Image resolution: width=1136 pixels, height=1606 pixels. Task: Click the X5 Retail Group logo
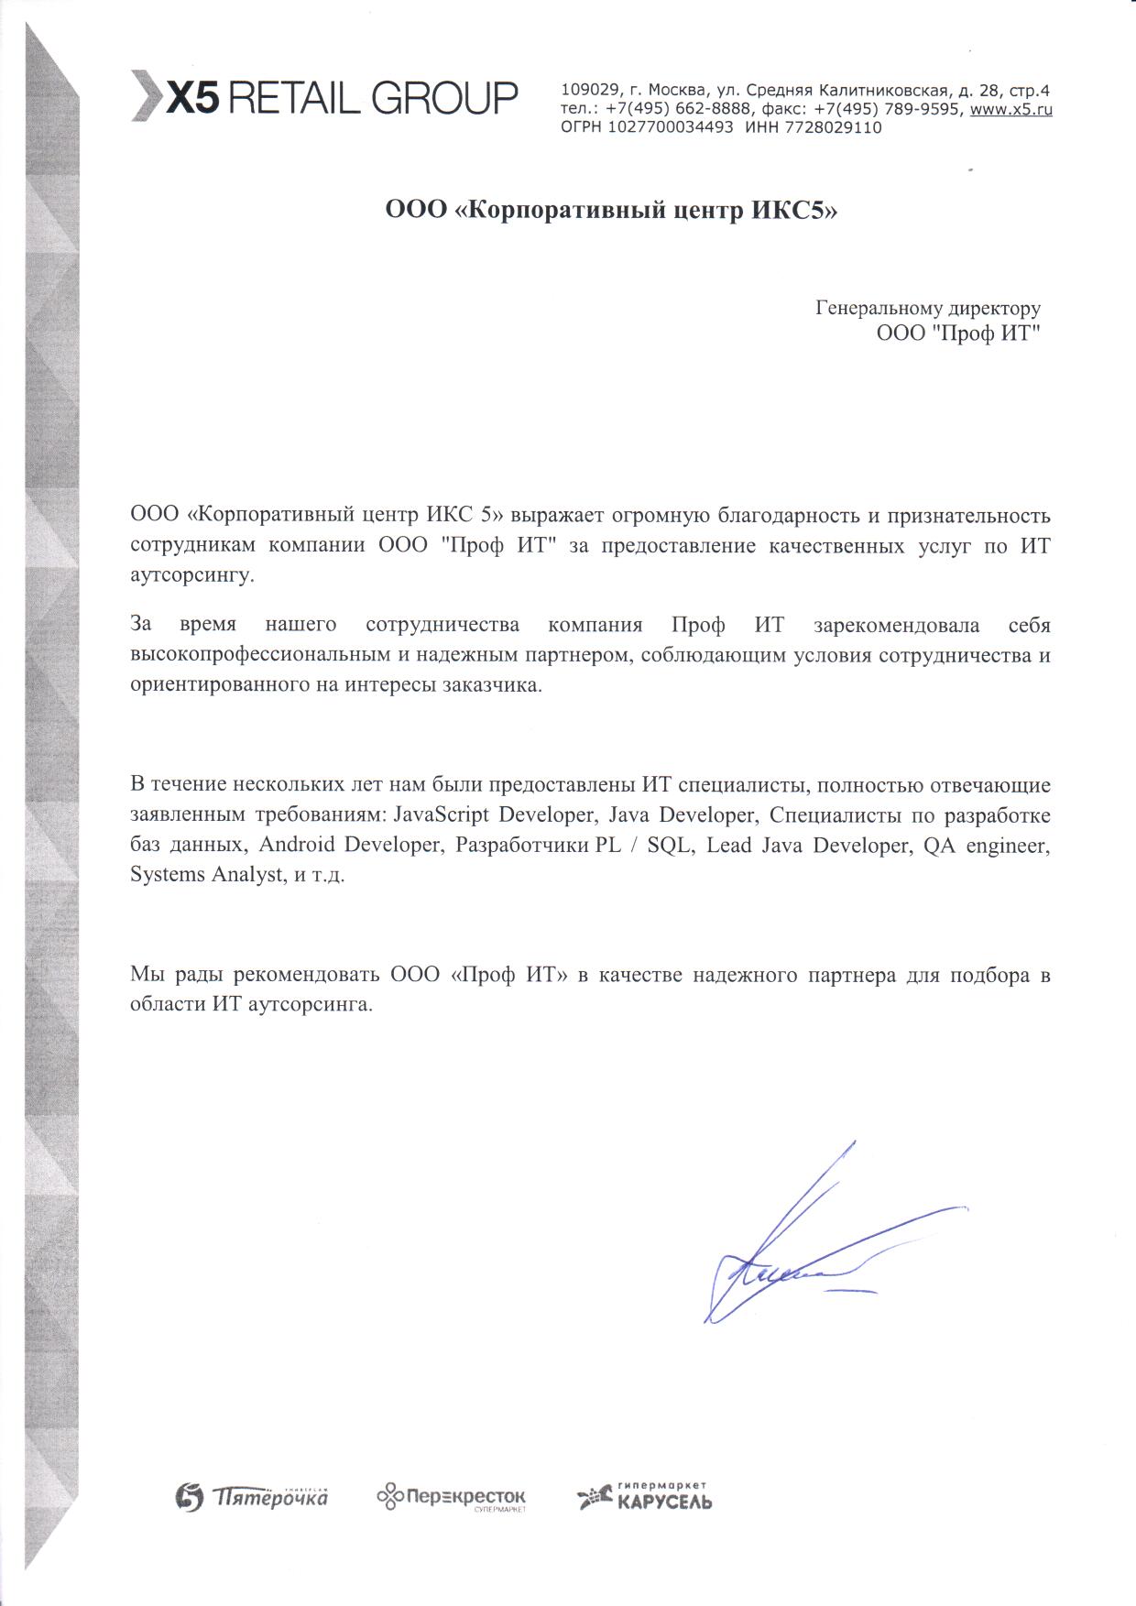click(x=324, y=96)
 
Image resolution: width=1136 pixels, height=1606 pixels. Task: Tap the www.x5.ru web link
click(x=1010, y=109)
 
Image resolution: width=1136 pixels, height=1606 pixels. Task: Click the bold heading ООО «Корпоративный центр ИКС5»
click(x=611, y=212)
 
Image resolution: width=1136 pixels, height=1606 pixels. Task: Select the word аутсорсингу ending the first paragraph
click(x=192, y=576)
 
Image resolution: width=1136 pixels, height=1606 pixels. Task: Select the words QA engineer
click(x=985, y=845)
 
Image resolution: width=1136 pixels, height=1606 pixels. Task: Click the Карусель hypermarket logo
click(x=645, y=1497)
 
